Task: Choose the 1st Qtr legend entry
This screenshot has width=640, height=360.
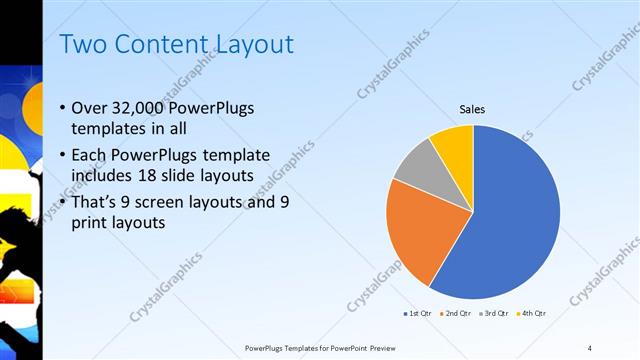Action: tap(417, 313)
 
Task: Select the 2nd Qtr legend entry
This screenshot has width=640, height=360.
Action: tap(455, 313)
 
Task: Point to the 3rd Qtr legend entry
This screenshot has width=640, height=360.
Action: tap(494, 313)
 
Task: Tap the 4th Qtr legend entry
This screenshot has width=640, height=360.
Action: tap(531, 313)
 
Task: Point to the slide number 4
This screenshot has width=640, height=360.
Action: tap(590, 347)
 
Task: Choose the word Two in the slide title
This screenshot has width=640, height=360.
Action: tap(83, 44)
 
